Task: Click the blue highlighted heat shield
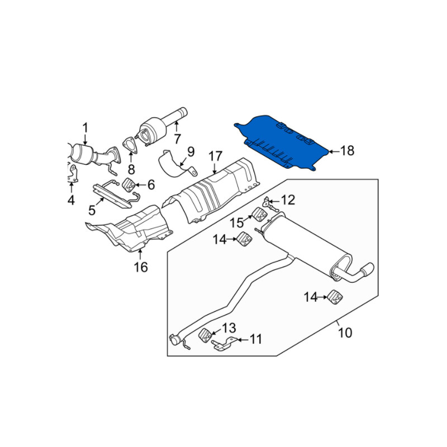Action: pos(281,142)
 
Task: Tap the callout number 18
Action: pos(347,151)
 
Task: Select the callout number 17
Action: pos(215,156)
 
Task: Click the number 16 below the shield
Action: pos(141,267)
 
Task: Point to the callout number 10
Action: pos(345,332)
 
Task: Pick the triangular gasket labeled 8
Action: pos(130,145)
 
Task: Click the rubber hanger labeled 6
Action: pos(129,186)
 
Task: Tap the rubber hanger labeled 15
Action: pos(260,215)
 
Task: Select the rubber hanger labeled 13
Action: pos(205,336)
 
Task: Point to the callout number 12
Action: pos(288,200)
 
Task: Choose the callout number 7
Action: pos(177,139)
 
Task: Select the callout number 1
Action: pos(85,129)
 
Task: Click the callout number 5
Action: pos(92,211)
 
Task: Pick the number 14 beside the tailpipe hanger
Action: pos(311,297)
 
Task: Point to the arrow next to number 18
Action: pos(334,151)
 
